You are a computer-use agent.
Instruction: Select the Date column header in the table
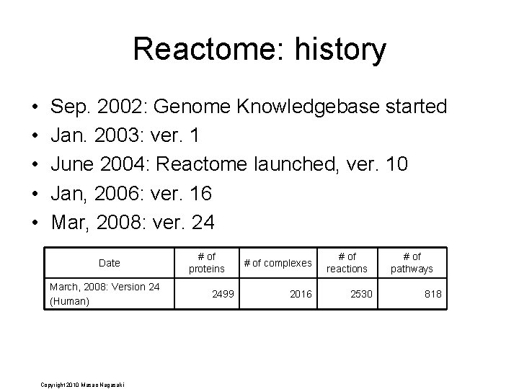[x=110, y=263]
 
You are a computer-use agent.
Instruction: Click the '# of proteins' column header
[x=207, y=262]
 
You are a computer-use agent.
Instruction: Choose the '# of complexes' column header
[x=278, y=263]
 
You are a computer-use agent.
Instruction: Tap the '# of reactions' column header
[x=347, y=262]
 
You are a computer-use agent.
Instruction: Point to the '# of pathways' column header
[x=412, y=262]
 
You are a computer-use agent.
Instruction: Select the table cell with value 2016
[x=301, y=294]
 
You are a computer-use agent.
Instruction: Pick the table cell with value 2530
[x=362, y=294]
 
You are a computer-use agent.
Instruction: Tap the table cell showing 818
[x=433, y=294]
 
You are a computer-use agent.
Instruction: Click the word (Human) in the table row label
[x=69, y=301]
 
